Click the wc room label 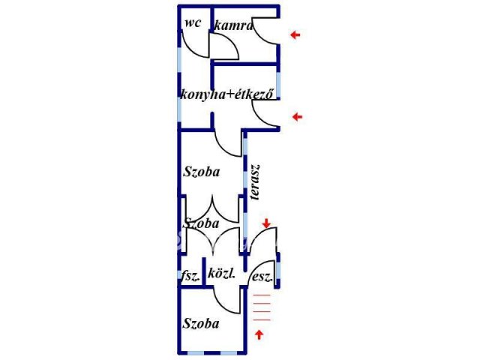[192, 23]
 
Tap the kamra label [233, 26]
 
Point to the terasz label [256, 183]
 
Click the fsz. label [190, 276]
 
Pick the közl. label [222, 274]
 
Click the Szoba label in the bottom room [201, 324]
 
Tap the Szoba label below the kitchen [201, 171]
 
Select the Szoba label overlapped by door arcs [201, 223]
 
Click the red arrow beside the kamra [297, 34]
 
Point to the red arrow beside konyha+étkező [297, 117]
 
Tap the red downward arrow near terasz [267, 223]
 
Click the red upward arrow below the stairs [259, 334]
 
